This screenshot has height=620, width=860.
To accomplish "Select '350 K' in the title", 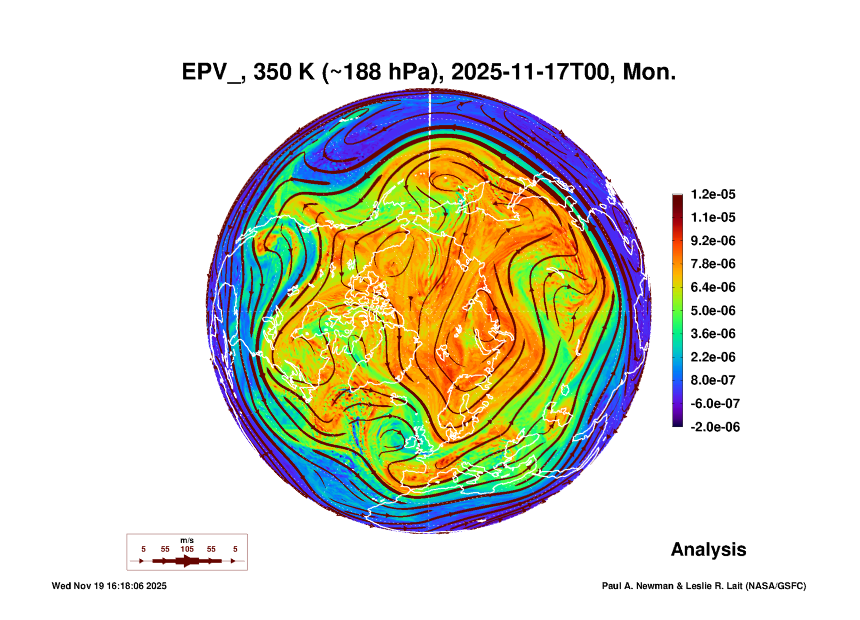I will click(x=284, y=72).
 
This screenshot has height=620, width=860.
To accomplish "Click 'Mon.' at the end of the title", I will click(x=649, y=72).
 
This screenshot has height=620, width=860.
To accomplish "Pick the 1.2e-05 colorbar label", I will click(x=713, y=194).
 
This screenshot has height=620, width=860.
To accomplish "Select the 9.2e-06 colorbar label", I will click(x=713, y=241).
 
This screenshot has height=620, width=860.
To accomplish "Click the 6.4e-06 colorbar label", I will click(x=713, y=287).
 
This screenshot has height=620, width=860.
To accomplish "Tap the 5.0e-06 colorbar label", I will click(x=713, y=311).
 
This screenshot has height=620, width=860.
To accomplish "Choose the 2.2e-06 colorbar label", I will click(x=713, y=357).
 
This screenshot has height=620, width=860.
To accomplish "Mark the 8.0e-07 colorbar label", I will click(x=713, y=380).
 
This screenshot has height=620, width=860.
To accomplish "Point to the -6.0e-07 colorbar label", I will click(x=715, y=404).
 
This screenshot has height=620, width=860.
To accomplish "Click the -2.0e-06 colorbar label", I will click(x=715, y=427).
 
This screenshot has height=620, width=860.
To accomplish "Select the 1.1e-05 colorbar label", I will click(x=713, y=217).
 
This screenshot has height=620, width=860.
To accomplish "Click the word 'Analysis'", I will click(x=708, y=550).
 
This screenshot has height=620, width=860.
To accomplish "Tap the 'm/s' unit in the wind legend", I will click(x=187, y=541).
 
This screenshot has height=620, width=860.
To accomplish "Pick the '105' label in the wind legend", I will click(x=187, y=549).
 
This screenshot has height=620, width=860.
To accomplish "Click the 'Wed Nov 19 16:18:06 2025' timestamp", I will click(x=109, y=586).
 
